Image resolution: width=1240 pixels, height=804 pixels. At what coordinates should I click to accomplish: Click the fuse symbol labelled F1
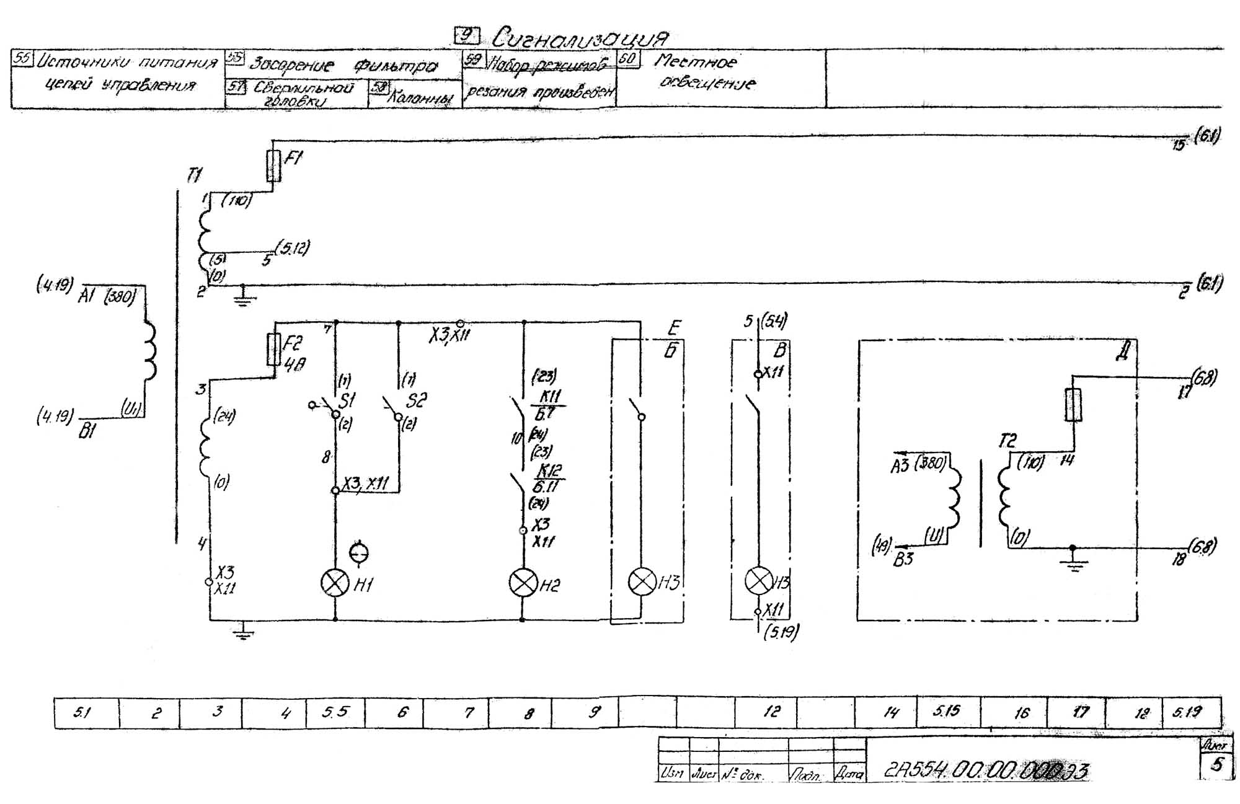pos(273,166)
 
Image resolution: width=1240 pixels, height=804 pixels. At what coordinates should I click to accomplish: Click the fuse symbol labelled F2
pos(273,349)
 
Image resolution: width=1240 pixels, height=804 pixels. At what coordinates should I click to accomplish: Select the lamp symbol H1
pos(335,583)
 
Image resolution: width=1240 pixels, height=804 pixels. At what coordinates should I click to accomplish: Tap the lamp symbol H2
pos(523,583)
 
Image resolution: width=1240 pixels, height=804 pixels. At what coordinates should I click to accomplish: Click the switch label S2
pos(416,400)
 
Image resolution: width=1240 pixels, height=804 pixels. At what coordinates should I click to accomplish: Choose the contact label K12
pos(549,470)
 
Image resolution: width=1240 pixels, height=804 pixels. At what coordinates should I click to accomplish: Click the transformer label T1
pos(194,175)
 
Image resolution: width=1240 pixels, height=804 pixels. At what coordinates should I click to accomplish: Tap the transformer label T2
pos(1007,441)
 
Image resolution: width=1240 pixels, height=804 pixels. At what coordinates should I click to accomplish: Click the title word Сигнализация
pos(580,38)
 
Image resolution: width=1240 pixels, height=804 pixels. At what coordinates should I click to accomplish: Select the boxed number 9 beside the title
pos(467,36)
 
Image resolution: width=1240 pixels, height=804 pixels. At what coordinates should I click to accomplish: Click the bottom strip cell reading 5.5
pos(335,712)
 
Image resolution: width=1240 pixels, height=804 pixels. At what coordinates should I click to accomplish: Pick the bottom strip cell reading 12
pos(771,712)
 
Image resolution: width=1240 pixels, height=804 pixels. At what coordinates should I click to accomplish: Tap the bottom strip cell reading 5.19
pos(1187,712)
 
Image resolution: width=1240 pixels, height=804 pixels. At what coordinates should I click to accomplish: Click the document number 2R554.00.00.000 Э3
pos(986,771)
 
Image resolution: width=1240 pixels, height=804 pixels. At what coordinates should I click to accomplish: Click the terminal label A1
pos(87,297)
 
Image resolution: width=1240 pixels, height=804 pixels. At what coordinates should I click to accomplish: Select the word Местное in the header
pos(696,62)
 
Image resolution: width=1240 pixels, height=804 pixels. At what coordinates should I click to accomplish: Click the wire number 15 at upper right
pos(1178,145)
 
